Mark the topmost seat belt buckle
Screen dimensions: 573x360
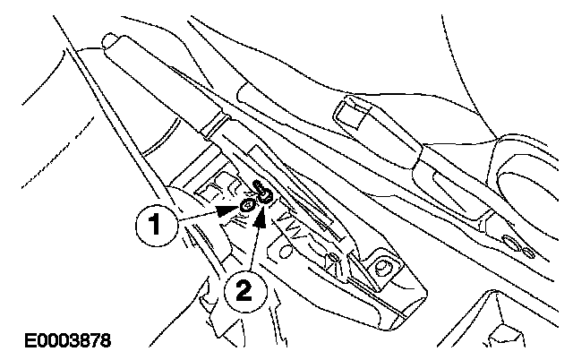pos(357,116)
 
